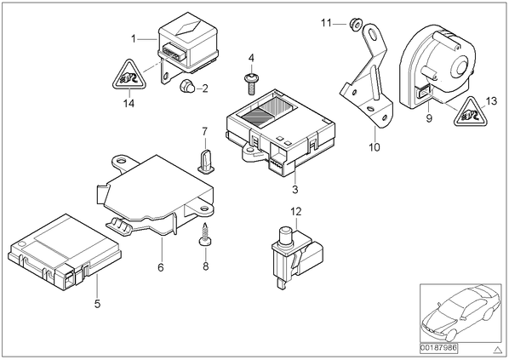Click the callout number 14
click(129, 104)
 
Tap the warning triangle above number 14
click(129, 75)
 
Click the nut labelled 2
click(187, 85)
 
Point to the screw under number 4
click(251, 83)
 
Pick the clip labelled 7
click(205, 161)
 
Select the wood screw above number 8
click(205, 234)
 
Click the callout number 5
click(97, 304)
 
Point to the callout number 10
click(375, 147)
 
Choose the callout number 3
click(295, 189)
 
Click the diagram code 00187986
click(438, 348)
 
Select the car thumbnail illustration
click(460, 313)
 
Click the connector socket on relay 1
click(172, 51)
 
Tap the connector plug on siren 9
click(423, 93)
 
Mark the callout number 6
click(161, 267)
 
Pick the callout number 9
click(429, 118)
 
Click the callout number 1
click(134, 39)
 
